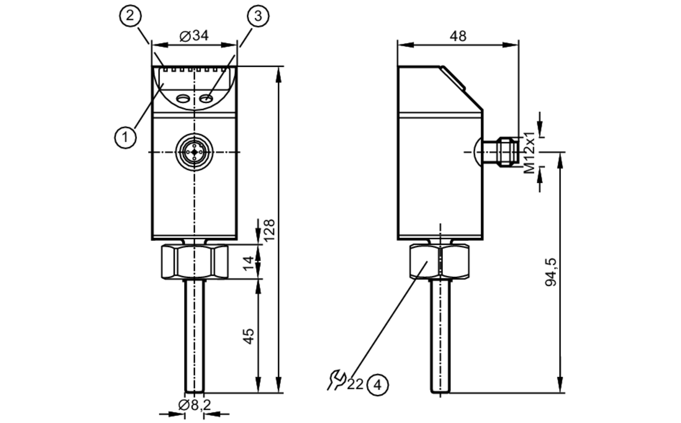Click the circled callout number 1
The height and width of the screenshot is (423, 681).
click(125, 137)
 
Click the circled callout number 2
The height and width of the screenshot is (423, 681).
click(130, 16)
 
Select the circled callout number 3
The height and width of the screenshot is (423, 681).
click(258, 16)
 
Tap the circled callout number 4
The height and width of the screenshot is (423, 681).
click(377, 385)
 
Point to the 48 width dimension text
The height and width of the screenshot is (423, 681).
click(458, 36)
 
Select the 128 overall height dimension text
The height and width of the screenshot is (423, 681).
click(269, 230)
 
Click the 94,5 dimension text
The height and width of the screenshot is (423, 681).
click(551, 272)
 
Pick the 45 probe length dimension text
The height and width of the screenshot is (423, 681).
click(250, 336)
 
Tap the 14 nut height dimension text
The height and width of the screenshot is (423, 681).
click(250, 262)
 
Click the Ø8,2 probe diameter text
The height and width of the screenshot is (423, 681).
click(194, 405)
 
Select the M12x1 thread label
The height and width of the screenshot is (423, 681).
click(530, 152)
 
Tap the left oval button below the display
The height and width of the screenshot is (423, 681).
click(183, 99)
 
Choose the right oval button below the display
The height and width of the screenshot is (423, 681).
click(206, 99)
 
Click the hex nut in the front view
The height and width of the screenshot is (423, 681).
click(194, 262)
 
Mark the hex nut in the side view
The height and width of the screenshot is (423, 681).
click(439, 262)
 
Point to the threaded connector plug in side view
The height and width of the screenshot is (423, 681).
click(507, 152)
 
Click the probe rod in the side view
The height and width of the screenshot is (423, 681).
click(440, 336)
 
